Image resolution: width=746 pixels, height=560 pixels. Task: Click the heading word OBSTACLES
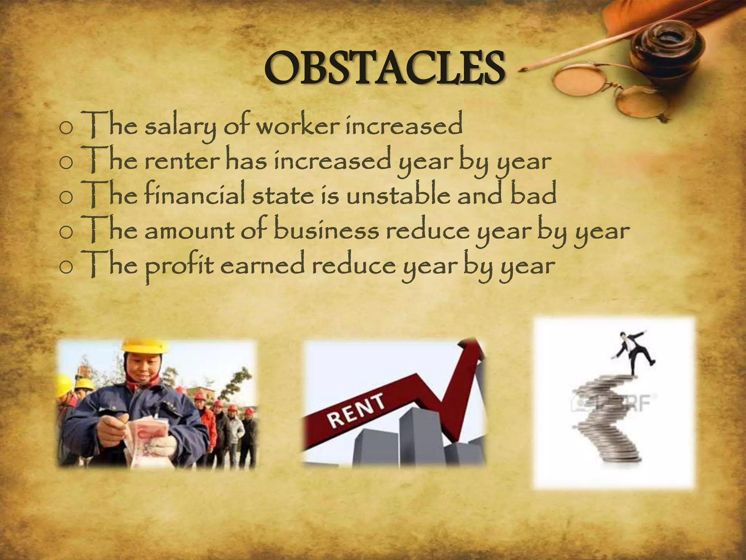pos(384,68)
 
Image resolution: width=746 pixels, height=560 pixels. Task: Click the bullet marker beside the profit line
pos(66,268)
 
